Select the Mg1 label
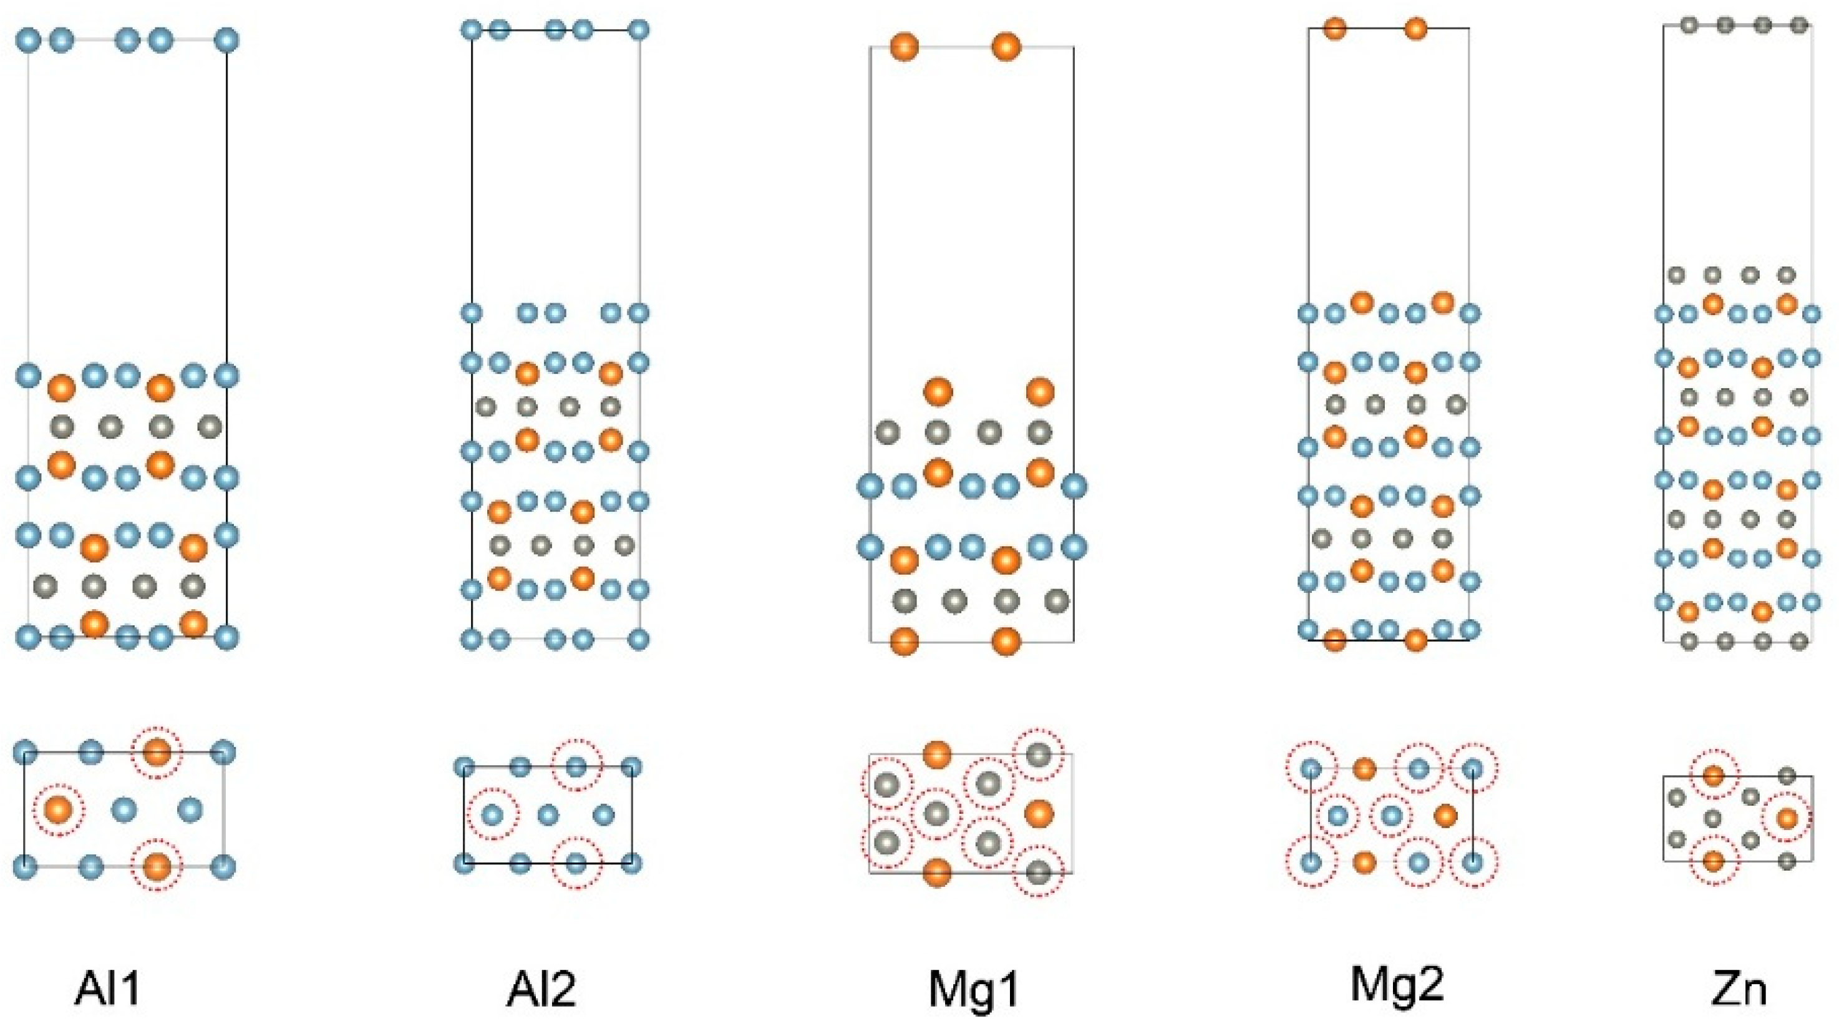(x=974, y=990)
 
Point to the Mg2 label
(x=1397, y=985)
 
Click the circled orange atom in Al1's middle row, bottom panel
(x=58, y=809)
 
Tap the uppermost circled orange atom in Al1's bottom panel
(x=157, y=753)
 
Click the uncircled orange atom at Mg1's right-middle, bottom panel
(x=1039, y=813)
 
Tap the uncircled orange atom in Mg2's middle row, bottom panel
(x=1445, y=814)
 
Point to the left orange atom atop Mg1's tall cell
(x=905, y=47)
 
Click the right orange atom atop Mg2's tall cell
(x=1415, y=29)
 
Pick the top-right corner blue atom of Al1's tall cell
(x=226, y=40)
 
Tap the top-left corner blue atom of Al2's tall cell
(x=471, y=30)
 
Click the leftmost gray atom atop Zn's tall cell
(x=1689, y=26)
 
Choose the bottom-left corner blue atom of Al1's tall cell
(x=29, y=636)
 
